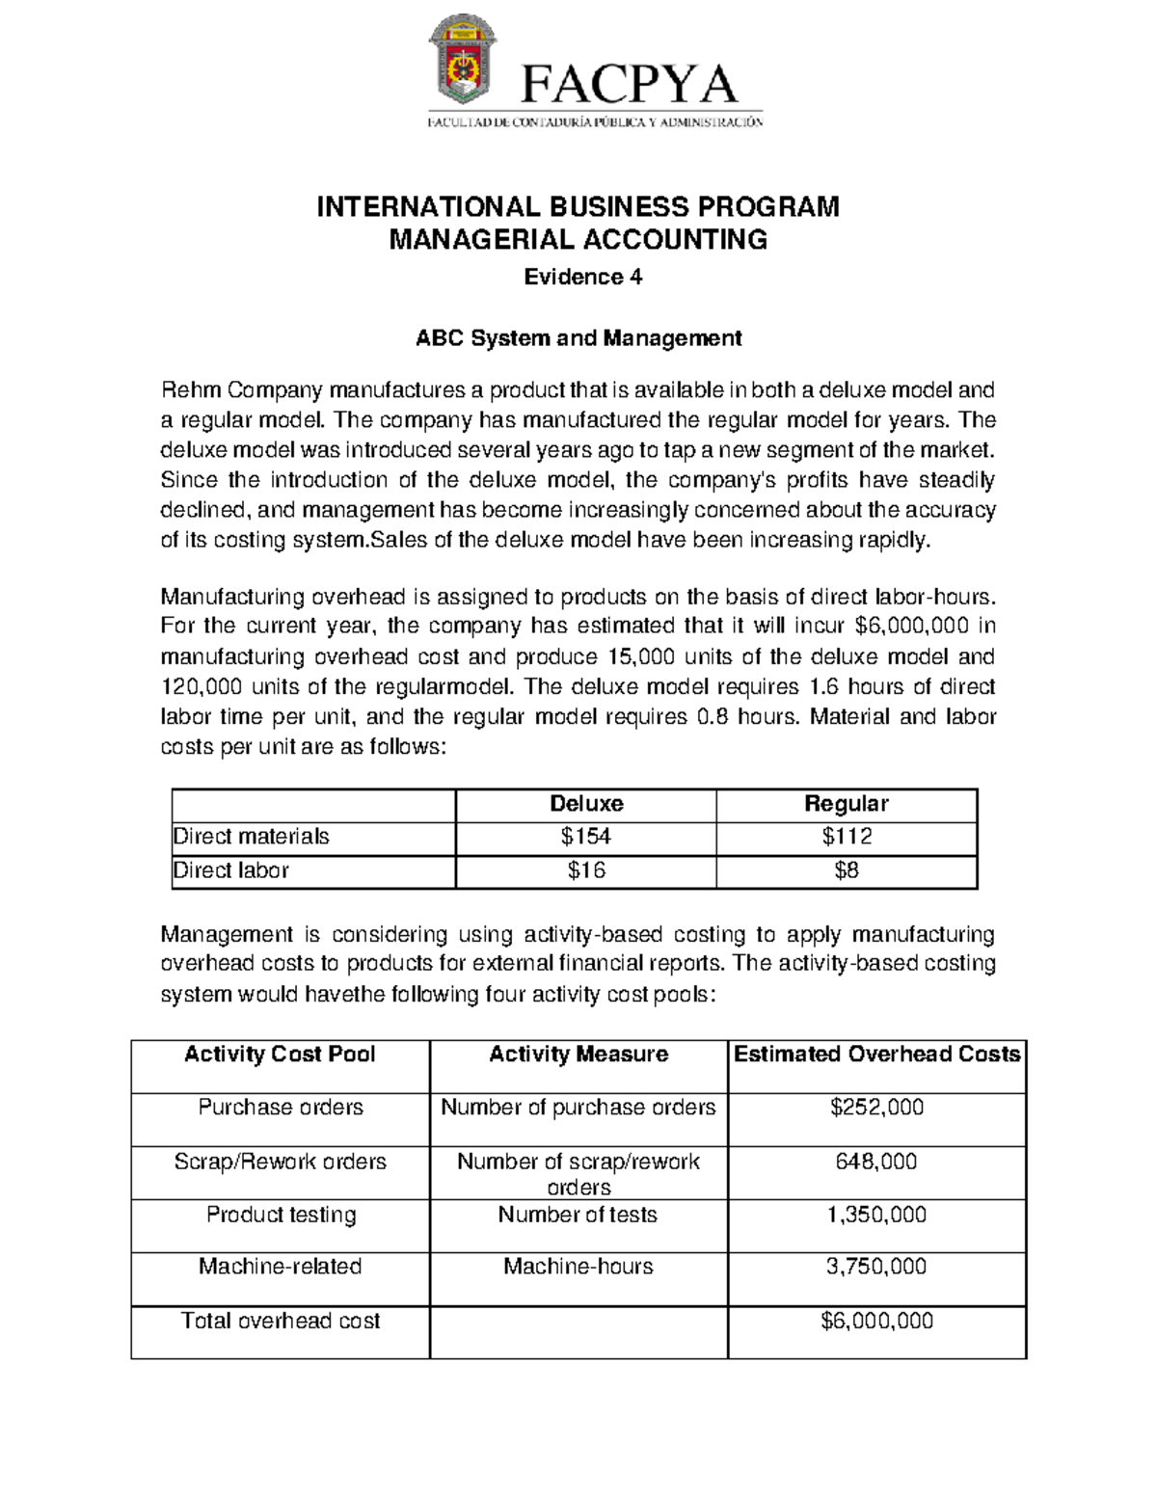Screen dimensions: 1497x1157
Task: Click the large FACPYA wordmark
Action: click(x=630, y=85)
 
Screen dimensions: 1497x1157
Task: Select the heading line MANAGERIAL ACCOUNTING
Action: click(x=578, y=239)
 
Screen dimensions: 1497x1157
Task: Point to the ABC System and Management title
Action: click(x=578, y=338)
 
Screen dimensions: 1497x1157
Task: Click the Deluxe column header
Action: click(x=585, y=804)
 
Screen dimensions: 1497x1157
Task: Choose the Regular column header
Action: click(x=846, y=804)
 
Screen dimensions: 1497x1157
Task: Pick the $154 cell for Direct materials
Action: click(x=585, y=837)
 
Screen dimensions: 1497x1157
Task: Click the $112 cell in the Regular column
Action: click(x=846, y=837)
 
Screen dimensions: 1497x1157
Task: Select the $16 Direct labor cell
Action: click(x=585, y=870)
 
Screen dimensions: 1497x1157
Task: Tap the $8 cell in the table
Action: click(x=846, y=870)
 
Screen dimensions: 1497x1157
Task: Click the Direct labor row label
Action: click(x=231, y=870)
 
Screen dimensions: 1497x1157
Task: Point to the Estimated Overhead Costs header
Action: click(x=876, y=1055)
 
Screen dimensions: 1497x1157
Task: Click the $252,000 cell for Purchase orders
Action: click(x=876, y=1108)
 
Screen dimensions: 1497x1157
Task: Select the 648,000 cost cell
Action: click(x=876, y=1162)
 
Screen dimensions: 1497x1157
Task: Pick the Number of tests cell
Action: click(x=578, y=1215)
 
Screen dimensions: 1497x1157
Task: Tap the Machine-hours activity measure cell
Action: click(x=578, y=1267)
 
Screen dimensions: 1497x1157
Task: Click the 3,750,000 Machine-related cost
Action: click(x=876, y=1267)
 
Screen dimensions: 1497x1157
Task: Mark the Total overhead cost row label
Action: click(x=281, y=1321)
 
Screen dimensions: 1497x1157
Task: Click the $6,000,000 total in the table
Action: click(x=876, y=1321)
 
